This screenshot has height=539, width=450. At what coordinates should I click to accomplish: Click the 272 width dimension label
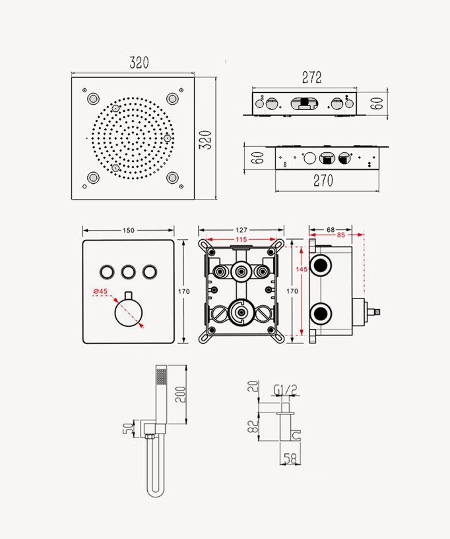coord(311,77)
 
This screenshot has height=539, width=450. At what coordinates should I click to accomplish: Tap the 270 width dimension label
coord(323,181)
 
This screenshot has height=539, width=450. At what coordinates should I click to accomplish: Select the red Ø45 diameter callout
coord(100,291)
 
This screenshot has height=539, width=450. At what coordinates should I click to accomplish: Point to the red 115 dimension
coord(241,240)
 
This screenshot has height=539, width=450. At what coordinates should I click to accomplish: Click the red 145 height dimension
coord(302,269)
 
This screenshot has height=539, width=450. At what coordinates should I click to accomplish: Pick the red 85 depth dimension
coord(341,235)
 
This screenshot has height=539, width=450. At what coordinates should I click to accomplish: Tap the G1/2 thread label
coord(285,390)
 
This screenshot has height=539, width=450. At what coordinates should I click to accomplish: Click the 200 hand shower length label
coord(180,395)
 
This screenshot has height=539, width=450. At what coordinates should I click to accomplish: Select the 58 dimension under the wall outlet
coord(290,459)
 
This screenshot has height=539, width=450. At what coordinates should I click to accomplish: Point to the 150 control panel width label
coord(129,231)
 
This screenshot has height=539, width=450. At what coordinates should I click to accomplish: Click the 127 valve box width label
coord(241,230)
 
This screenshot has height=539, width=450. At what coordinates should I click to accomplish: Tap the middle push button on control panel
coord(128,272)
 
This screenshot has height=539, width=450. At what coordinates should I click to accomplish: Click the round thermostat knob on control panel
coord(129,312)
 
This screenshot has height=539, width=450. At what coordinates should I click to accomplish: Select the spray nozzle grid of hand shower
coord(161,376)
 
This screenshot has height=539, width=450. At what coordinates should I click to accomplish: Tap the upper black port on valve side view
coord(321,266)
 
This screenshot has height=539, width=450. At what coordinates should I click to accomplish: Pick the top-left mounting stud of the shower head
coord(93,99)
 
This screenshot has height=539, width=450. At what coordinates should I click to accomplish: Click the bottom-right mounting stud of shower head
coord(172,178)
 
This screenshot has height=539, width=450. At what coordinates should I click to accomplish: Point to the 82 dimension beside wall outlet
coord(253,426)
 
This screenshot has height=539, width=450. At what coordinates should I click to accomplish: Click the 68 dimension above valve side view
coord(331,229)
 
